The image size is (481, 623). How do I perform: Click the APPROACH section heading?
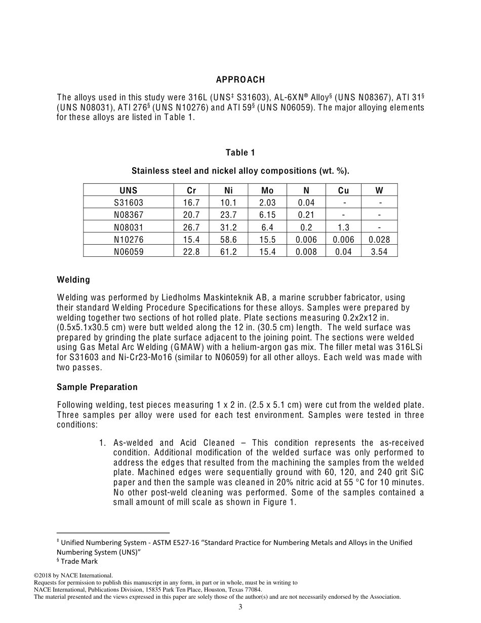click(240, 80)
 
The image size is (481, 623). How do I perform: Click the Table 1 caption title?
click(240, 152)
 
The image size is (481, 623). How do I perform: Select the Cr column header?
click(191, 190)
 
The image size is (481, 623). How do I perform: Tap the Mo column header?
click(267, 190)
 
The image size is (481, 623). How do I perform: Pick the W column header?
click(379, 190)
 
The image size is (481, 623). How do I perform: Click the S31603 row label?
click(129, 203)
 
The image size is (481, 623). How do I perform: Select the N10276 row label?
click(129, 240)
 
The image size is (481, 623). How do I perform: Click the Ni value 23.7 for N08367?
click(228, 215)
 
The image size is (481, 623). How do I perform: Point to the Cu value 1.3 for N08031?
click(343, 227)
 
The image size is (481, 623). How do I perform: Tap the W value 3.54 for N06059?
click(379, 252)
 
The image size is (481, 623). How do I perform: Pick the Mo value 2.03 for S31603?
click(267, 203)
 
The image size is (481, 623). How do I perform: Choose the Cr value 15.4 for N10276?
click(191, 240)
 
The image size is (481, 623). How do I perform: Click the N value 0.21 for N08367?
click(306, 215)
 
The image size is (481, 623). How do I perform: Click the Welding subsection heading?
click(73, 280)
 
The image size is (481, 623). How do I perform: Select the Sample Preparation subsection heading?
click(97, 387)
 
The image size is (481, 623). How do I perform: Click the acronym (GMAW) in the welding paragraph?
click(205, 347)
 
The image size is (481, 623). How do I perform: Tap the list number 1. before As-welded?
click(102, 443)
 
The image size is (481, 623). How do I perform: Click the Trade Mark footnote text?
click(79, 561)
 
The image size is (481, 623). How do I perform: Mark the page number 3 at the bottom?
click(240, 607)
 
